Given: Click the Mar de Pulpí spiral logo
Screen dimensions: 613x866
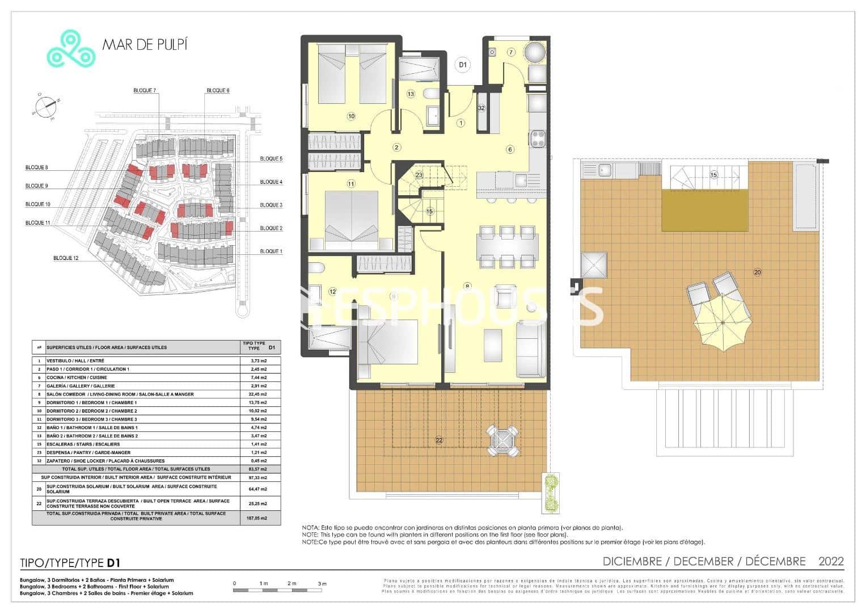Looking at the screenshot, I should pos(70,49).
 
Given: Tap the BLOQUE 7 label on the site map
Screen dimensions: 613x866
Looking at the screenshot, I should pos(145,90).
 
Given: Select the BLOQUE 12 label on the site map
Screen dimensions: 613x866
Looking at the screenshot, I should pos(66,258).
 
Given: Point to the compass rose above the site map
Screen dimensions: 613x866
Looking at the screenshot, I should pos(44,105).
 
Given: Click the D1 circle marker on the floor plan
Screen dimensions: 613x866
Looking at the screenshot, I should pos(463,65).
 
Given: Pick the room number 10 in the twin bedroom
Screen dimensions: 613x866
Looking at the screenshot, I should pos(351,116).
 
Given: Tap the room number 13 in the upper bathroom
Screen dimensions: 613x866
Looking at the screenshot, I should pos(411,94).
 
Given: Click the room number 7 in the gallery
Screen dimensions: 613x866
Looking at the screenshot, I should pos(510,52).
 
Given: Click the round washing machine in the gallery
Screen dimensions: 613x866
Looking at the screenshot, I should pos(534,53).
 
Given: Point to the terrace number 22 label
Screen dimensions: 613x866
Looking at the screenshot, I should pos(439,440).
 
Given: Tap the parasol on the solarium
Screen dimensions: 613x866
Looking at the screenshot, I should pos(723,322).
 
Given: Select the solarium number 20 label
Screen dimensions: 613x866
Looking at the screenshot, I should pos(757,272).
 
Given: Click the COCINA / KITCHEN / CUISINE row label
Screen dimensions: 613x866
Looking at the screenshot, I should pos(77,377).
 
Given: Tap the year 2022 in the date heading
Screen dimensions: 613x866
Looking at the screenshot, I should pos(831,561).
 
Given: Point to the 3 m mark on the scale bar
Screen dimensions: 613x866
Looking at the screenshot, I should pos(322,583).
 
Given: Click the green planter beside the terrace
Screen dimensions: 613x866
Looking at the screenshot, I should pos(550,492).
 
